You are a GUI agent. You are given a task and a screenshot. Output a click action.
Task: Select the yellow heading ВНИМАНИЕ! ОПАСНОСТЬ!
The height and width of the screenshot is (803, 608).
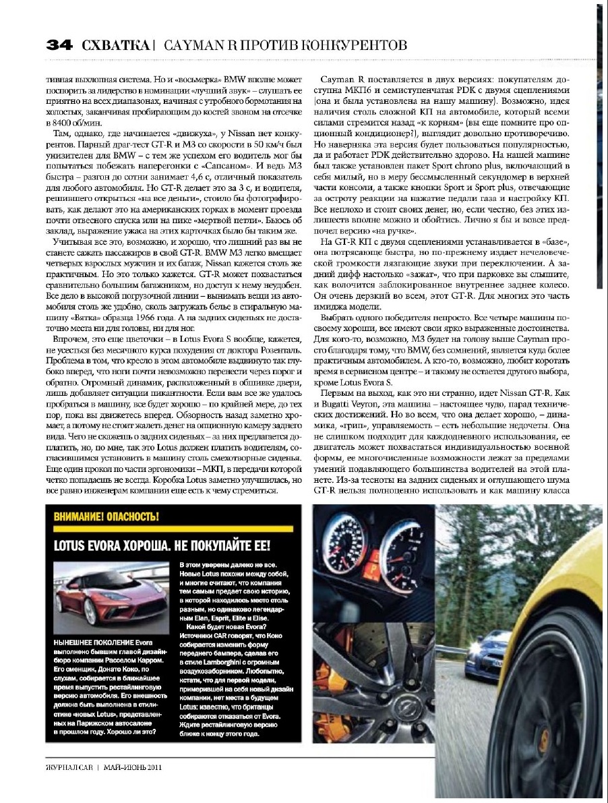coord(109,517)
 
